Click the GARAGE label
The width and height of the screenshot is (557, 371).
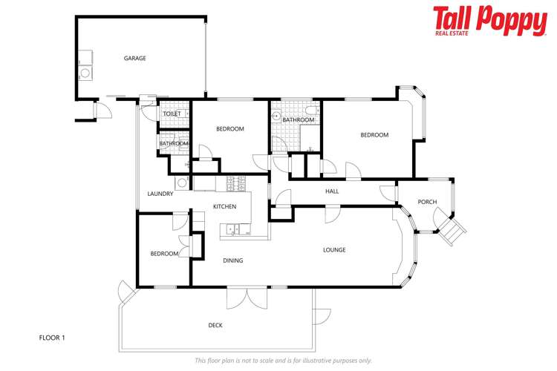(x=134, y=58)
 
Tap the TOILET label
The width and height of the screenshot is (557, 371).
(x=172, y=114)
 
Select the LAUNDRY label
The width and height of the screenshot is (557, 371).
(x=160, y=194)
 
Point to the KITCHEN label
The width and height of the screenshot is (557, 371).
(x=224, y=206)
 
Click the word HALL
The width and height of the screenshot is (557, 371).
(x=332, y=191)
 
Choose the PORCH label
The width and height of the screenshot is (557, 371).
(x=427, y=202)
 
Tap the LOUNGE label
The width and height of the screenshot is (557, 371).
(x=334, y=250)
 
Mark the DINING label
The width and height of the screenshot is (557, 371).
(x=233, y=260)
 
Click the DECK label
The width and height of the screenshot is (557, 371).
(x=215, y=325)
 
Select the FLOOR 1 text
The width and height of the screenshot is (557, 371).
(x=52, y=338)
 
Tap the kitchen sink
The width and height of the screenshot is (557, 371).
(x=232, y=229)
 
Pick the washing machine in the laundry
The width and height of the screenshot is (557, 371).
(x=181, y=183)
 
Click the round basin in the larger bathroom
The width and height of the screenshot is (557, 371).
(x=276, y=116)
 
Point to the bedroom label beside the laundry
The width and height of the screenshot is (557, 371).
(x=164, y=254)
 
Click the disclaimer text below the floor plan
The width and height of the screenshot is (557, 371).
(x=283, y=361)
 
